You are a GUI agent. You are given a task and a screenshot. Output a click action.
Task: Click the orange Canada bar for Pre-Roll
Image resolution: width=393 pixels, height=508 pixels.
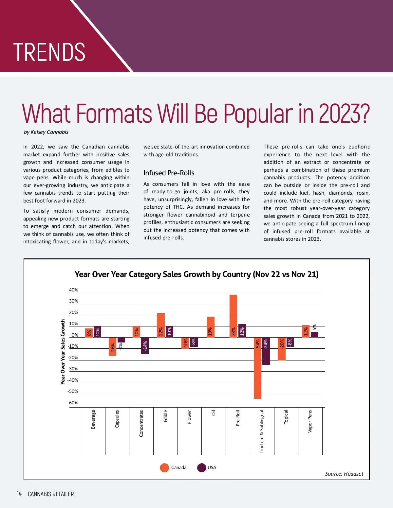233,316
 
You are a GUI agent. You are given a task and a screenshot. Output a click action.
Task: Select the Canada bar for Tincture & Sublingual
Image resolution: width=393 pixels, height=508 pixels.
257,368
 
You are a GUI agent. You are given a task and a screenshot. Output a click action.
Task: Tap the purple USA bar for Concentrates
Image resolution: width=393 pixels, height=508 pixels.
145,345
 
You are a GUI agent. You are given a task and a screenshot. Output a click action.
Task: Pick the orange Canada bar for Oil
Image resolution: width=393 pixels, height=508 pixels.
210,327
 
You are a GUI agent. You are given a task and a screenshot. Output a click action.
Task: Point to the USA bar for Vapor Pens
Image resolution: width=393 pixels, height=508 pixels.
314,335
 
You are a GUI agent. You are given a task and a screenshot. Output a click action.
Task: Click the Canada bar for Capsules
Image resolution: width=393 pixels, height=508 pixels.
113,346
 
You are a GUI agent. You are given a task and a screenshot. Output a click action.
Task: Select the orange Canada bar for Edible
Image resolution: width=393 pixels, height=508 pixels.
161,325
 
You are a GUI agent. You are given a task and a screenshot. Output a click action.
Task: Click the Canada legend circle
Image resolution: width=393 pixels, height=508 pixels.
164,467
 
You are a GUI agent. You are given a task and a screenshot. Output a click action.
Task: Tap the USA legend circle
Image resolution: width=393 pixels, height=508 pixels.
201,467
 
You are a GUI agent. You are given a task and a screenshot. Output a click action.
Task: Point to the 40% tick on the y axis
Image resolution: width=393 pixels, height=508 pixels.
74,290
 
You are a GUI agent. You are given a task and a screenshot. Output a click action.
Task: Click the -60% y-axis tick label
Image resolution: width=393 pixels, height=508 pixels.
73,403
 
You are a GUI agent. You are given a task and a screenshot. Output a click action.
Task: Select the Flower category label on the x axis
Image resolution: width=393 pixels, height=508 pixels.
189,417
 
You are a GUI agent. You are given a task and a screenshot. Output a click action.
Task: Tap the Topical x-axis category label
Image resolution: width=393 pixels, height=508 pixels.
286,417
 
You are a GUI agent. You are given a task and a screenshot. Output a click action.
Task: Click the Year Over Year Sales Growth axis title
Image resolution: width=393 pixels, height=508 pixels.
63,352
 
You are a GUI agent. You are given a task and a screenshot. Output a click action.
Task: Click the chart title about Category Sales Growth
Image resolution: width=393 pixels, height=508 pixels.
196,274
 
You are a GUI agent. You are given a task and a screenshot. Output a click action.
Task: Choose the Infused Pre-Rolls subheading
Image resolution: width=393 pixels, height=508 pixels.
169,173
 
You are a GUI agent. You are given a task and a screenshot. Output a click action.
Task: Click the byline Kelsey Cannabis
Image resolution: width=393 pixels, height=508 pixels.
46,132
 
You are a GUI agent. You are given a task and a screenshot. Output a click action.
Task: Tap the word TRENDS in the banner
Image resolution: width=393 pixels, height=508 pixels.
49,52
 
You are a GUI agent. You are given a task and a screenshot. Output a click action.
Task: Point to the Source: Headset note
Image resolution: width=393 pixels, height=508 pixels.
344,474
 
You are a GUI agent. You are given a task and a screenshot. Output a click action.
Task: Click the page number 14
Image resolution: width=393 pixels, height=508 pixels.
19,494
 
